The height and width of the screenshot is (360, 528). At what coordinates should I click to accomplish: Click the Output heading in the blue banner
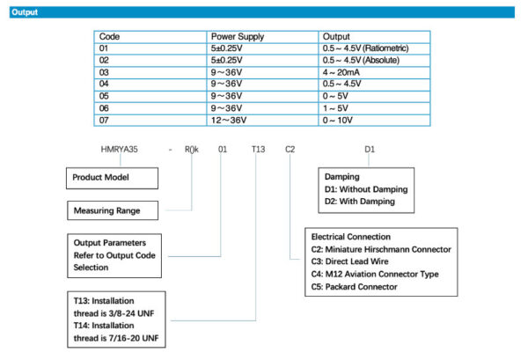pos(25,12)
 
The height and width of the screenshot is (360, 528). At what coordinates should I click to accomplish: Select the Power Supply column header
pos(238,37)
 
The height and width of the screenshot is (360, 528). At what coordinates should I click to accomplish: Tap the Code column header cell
pos(150,37)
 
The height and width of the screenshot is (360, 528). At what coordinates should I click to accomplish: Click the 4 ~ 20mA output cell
pos(374,72)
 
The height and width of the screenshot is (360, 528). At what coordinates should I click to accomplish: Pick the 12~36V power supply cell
pos(262,121)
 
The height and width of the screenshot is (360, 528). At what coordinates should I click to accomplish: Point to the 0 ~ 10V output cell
pos(374,121)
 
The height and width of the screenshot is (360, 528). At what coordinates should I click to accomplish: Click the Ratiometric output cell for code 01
pos(374,48)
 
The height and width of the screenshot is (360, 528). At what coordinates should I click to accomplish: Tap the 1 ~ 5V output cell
pos(374,108)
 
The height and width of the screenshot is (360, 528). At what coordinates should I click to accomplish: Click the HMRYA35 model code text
pos(119,149)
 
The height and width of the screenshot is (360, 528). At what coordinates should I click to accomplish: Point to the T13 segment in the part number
pos(258,149)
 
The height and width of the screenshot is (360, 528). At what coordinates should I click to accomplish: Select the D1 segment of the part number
pos(370,149)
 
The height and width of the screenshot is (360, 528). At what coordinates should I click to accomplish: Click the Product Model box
pos(112,178)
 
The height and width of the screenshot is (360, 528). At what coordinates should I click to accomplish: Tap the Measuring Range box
pos(113,210)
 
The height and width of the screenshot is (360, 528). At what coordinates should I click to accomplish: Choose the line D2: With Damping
pos(360,202)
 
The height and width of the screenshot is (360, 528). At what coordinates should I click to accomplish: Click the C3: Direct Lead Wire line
pos(350,261)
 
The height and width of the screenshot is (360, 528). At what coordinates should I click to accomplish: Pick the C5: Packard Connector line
pos(355,287)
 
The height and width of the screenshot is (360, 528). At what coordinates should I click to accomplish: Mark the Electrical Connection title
pos(351,237)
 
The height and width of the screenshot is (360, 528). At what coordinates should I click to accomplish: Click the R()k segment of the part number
pos(192,149)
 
